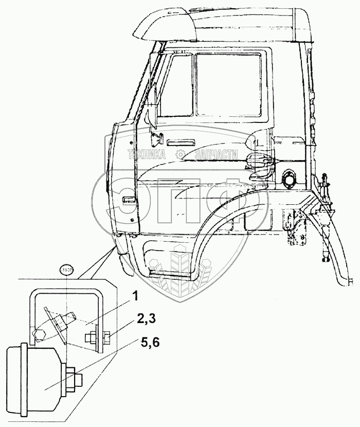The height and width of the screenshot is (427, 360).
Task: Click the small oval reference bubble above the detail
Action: coord(67,269)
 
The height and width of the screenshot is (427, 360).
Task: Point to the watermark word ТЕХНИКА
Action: coord(146,154)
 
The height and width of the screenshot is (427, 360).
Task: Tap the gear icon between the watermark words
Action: coord(180,154)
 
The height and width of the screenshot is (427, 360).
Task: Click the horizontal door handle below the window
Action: coord(181,141)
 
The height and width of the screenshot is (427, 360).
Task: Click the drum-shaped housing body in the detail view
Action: coord(33,378)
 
